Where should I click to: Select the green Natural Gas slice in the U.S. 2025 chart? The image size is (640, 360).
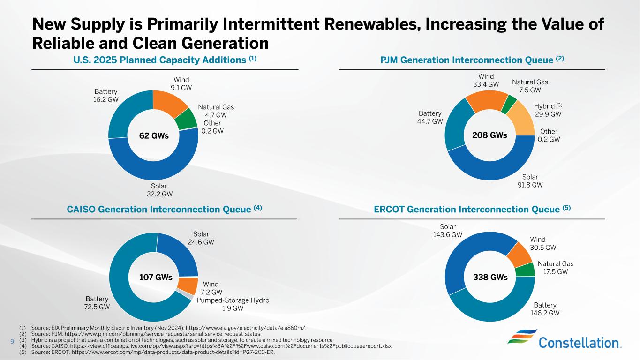pyautogui.click(x=186, y=119)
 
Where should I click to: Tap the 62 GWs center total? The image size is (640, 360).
pyautogui.click(x=153, y=136)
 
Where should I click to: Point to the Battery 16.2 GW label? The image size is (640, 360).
pyautogui.click(x=106, y=96)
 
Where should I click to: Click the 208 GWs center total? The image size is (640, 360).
pyautogui.click(x=490, y=135)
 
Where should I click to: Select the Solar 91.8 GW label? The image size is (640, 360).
pyautogui.click(x=530, y=181)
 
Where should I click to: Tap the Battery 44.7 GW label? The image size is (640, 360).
pyautogui.click(x=430, y=117)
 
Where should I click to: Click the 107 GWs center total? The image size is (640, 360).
pyautogui.click(x=156, y=277)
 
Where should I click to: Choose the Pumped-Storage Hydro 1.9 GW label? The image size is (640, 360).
pyautogui.click(x=233, y=304)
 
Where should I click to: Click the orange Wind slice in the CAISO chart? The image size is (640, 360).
pyautogui.click(x=190, y=285)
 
